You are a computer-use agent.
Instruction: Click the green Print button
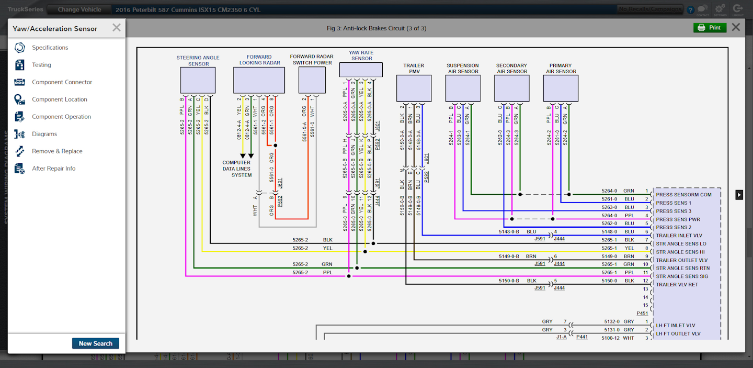point(710,28)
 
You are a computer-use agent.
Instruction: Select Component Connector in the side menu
point(62,82)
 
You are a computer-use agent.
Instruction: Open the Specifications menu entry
point(50,48)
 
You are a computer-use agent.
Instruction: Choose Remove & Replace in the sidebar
point(57,151)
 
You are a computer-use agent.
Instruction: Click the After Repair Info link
point(53,169)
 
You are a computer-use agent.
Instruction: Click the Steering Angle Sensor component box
point(198,80)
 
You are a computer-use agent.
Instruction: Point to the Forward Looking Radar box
point(259,80)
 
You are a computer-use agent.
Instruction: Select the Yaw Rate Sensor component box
point(361,70)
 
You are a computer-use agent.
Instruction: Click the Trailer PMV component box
point(414,88)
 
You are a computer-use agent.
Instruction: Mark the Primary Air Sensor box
point(561,88)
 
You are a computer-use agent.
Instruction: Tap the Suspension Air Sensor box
point(462,88)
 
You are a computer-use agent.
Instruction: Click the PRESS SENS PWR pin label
point(678,219)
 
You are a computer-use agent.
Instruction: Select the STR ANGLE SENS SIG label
point(682,276)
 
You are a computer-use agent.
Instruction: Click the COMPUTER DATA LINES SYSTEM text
point(237,169)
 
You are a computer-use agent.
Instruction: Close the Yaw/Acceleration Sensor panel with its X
point(117,28)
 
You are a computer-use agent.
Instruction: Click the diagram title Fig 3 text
point(376,28)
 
